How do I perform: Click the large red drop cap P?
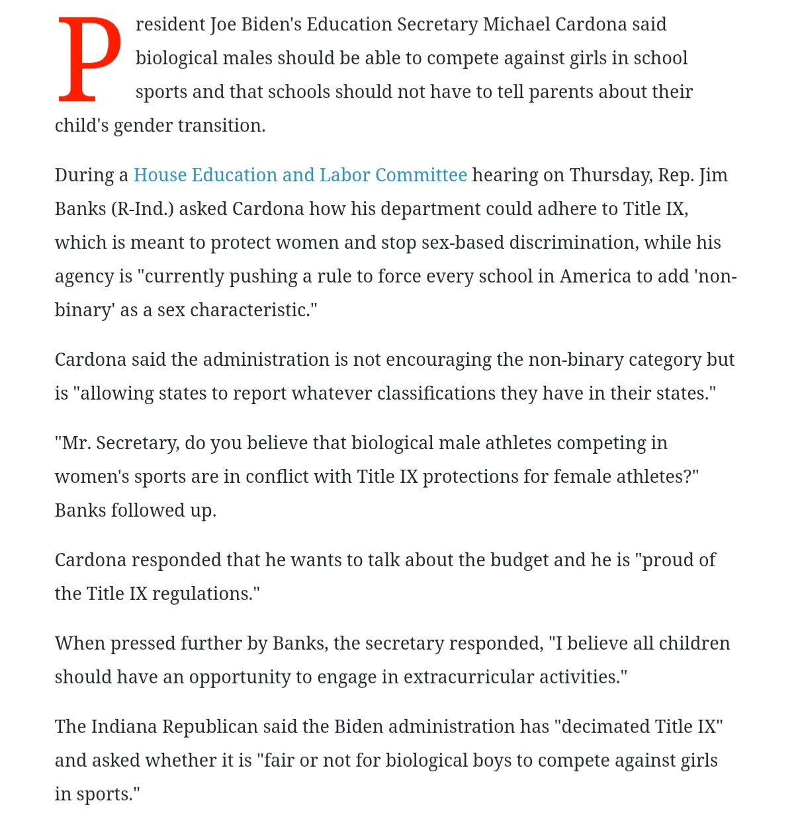tap(89, 60)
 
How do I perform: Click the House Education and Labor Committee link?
tap(300, 175)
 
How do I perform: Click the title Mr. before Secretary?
tap(75, 443)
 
